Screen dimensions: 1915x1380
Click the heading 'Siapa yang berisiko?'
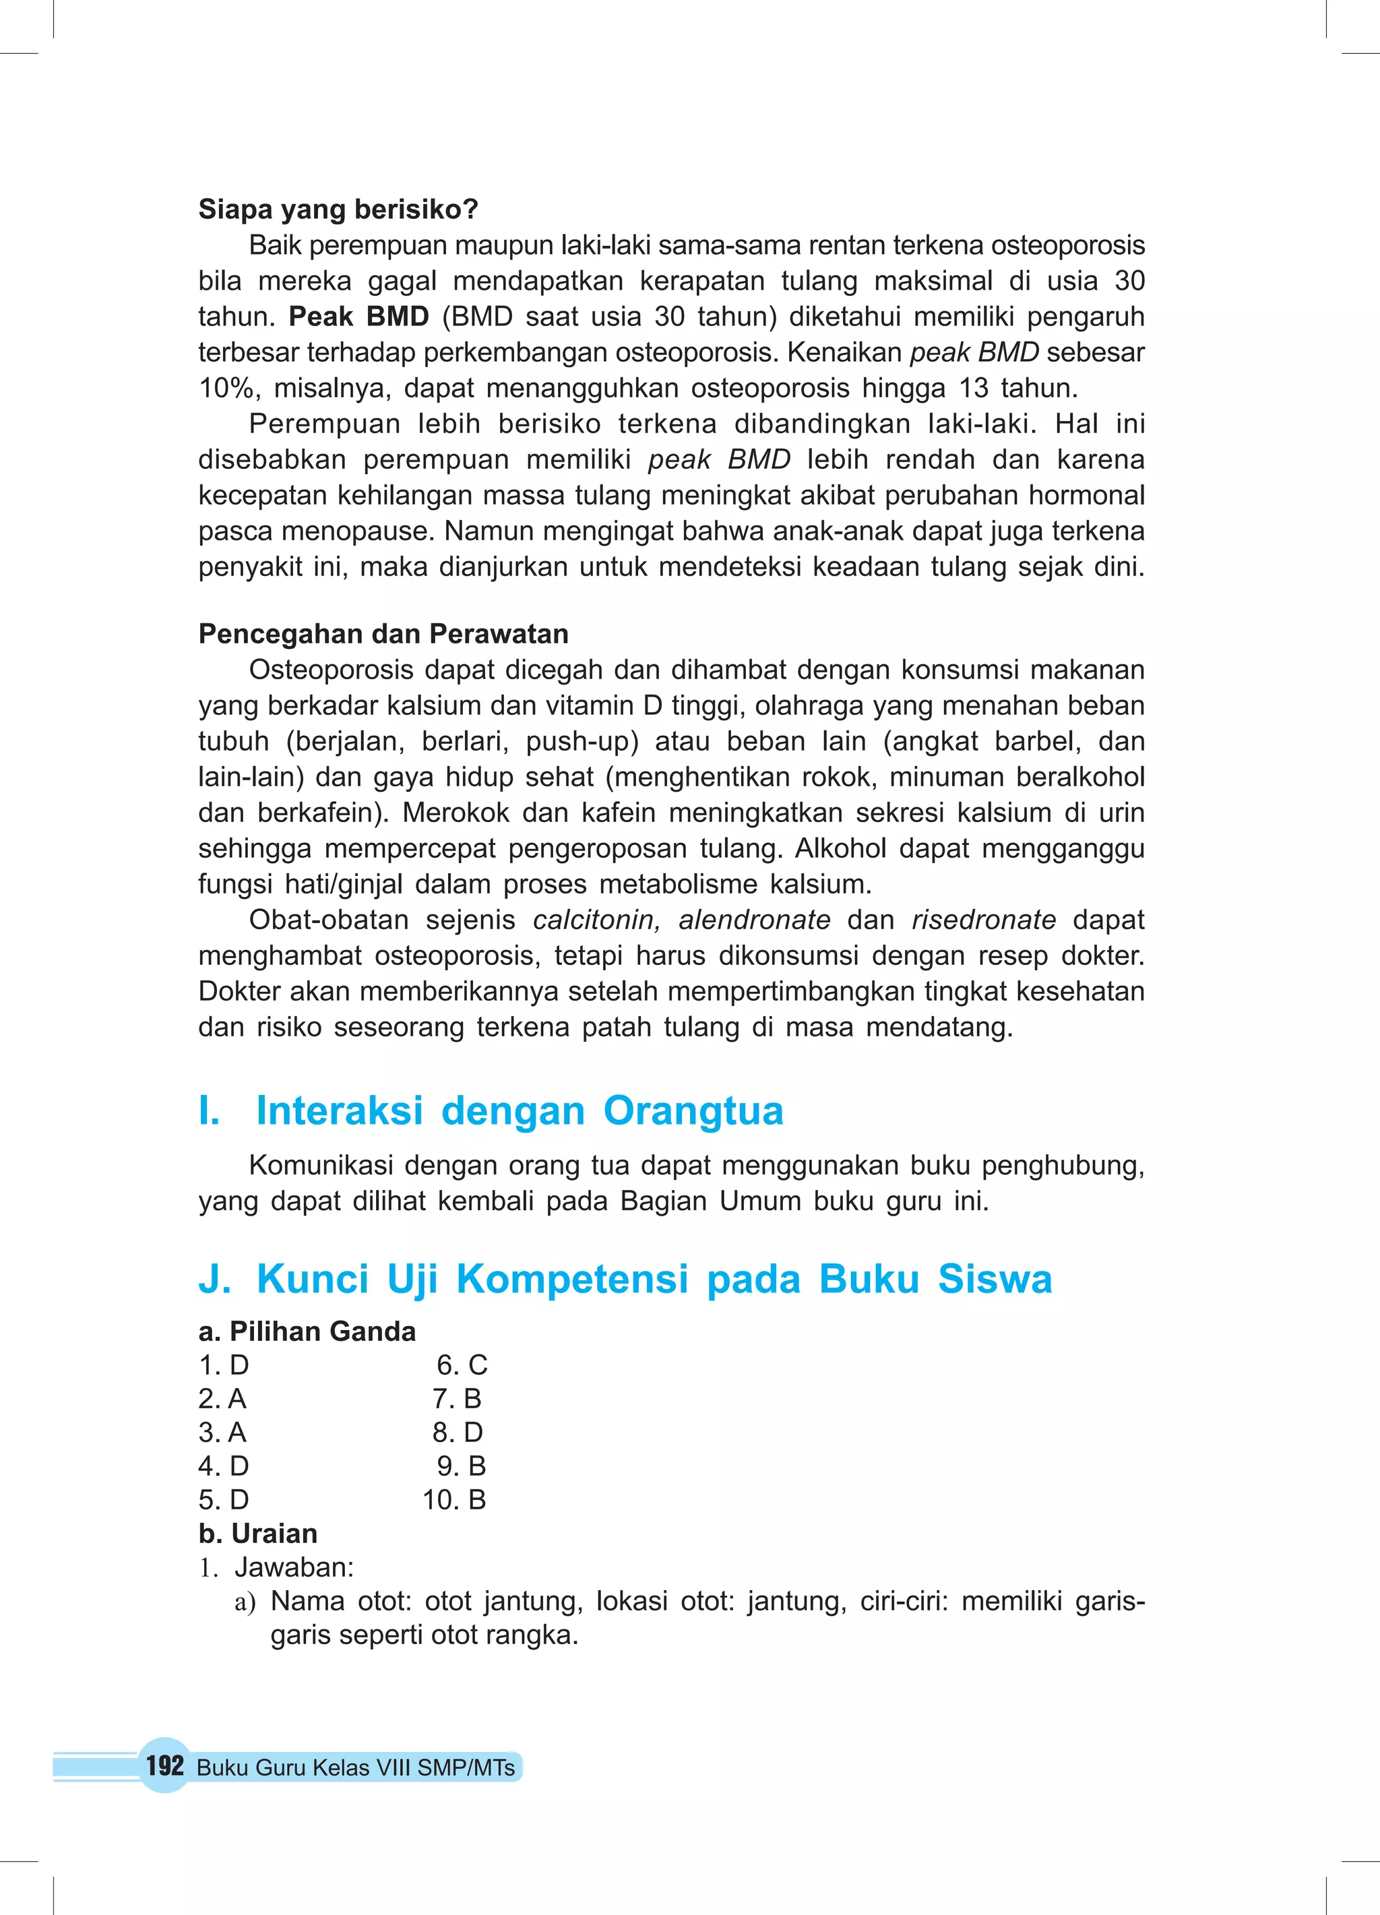tap(338, 210)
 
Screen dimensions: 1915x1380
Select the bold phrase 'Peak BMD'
tap(359, 317)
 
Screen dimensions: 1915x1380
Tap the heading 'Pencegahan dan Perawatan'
tap(383, 634)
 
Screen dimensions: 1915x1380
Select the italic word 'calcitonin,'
tap(596, 920)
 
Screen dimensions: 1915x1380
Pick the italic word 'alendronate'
tap(754, 920)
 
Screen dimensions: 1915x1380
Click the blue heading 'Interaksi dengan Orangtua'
tap(520, 1110)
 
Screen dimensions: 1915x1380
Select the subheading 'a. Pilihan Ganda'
tap(307, 1331)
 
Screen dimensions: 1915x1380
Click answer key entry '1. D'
tap(224, 1365)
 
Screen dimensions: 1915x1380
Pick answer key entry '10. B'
tap(454, 1499)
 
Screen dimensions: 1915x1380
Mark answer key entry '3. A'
tap(222, 1433)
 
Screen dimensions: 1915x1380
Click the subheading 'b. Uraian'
tap(257, 1534)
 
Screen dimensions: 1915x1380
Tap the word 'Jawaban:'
tap(294, 1567)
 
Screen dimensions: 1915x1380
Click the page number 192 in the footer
tap(164, 1765)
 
